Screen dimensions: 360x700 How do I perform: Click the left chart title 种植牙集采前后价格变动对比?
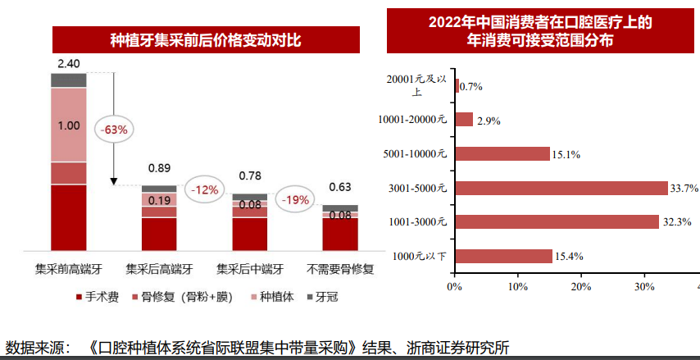(206, 39)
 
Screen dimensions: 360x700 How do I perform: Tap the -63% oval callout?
(114, 130)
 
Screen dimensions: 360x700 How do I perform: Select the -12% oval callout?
(204, 190)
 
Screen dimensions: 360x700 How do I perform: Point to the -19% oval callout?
(294, 199)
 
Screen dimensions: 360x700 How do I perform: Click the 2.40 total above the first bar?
(69, 64)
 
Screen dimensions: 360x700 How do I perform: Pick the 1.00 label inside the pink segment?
(69, 125)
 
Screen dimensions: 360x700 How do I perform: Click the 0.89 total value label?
(159, 168)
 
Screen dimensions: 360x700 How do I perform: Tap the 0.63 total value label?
(339, 187)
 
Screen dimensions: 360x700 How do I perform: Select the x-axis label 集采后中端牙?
(249, 268)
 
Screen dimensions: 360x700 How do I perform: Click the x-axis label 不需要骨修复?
(340, 268)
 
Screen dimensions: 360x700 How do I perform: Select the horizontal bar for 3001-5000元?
(561, 188)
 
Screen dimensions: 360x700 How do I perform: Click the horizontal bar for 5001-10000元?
(502, 153)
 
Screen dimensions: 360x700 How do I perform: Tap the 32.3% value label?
(676, 222)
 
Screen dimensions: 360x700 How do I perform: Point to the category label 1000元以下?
(420, 257)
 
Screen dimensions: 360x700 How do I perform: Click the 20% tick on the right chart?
(580, 286)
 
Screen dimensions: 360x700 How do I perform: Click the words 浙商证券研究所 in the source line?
(463, 349)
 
